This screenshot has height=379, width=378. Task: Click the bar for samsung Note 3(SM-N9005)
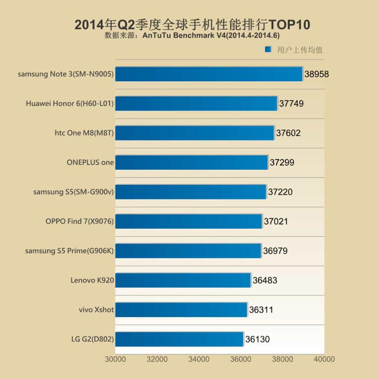click(209, 74)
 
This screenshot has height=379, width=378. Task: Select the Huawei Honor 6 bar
click(196, 104)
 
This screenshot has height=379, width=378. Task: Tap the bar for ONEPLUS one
click(192, 162)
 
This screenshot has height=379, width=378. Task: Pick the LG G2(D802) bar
click(179, 339)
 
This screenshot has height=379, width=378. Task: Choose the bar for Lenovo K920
click(183, 280)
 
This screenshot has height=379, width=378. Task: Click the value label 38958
click(316, 74)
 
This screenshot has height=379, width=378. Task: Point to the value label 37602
click(288, 133)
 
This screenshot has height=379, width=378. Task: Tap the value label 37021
click(276, 222)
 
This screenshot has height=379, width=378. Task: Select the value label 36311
click(261, 310)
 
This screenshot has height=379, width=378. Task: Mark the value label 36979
click(275, 251)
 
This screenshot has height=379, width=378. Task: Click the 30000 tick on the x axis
click(115, 359)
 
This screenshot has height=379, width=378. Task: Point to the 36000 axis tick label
click(241, 359)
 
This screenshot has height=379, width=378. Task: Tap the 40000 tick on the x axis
click(324, 359)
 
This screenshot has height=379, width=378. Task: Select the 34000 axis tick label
click(199, 359)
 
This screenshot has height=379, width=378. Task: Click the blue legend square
click(268, 49)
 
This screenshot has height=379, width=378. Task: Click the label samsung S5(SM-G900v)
click(73, 192)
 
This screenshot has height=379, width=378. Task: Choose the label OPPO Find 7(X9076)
click(79, 221)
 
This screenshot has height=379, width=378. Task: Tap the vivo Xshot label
click(96, 310)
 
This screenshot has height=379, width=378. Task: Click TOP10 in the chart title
click(289, 25)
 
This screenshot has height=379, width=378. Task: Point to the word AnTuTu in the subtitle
click(157, 35)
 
